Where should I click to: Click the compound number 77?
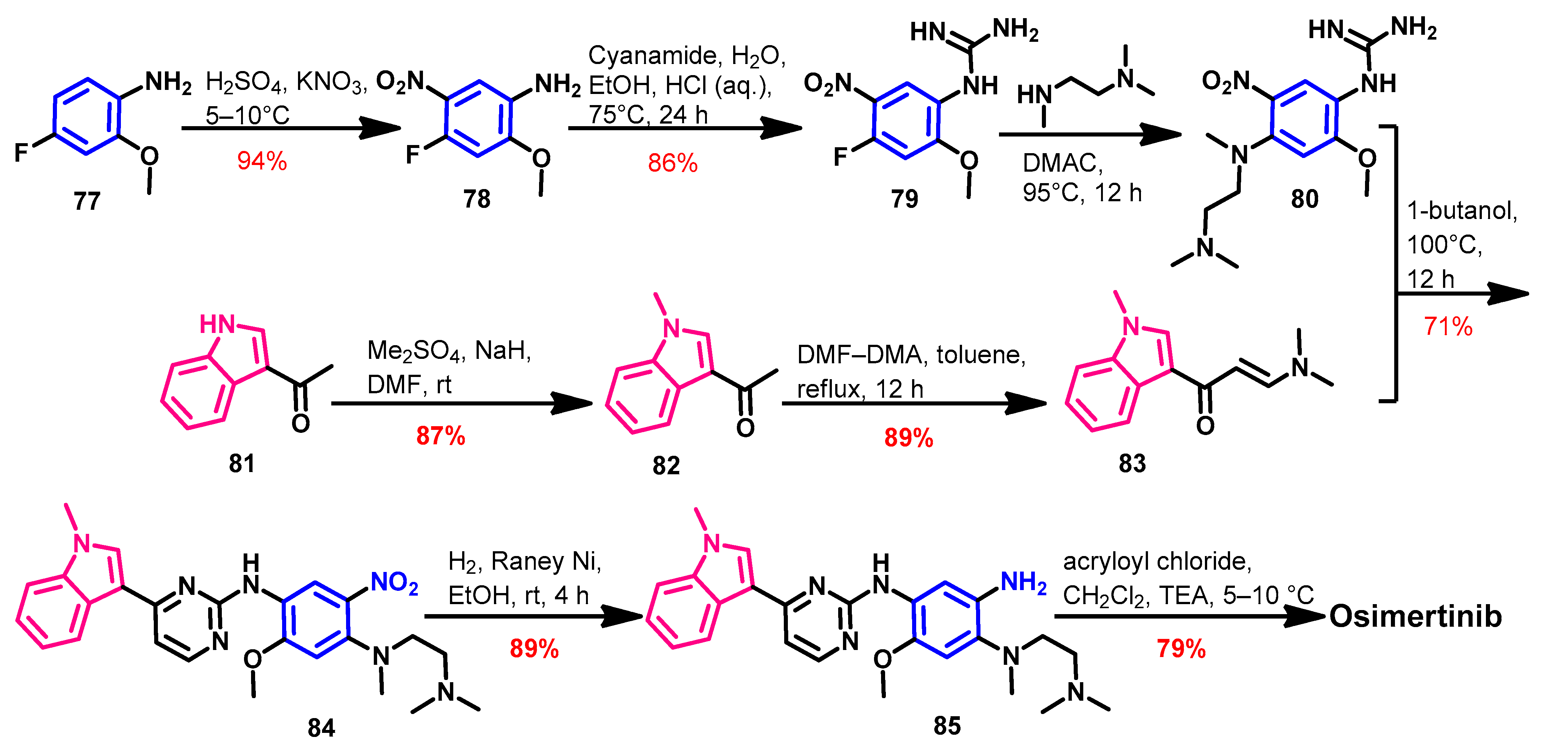87,201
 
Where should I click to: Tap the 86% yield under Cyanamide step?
673,163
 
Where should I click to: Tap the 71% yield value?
1448,327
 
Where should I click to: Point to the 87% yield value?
441,436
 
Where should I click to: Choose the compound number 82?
666,465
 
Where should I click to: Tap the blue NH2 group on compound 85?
1023,582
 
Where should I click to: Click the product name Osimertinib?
1415,616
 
